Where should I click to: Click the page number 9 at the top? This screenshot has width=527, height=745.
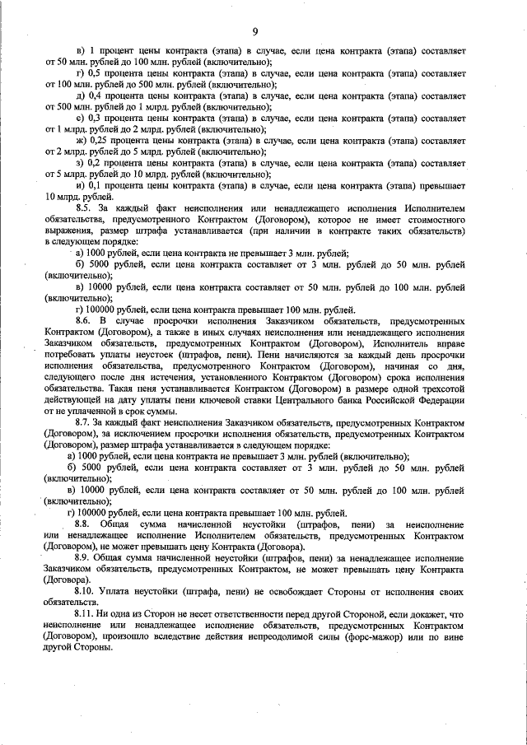255,31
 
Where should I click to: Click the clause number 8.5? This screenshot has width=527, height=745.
82,208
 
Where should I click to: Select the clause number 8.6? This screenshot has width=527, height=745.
82,319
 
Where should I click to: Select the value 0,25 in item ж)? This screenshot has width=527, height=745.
100,141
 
